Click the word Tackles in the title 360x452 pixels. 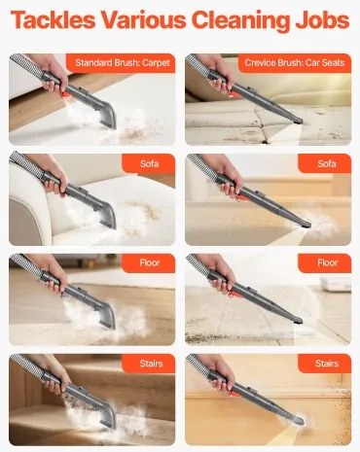pyautogui.click(x=53, y=19)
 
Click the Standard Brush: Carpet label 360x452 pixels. pyautogui.click(x=123, y=62)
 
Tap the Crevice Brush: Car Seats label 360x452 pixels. pyautogui.click(x=295, y=62)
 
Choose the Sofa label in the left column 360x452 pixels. pyautogui.click(x=150, y=163)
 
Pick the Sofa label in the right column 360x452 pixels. pyautogui.click(x=327, y=163)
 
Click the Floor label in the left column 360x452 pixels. pyautogui.click(x=150, y=262)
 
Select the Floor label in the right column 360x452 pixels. pyautogui.click(x=327, y=262)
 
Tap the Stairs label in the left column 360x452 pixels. pyautogui.click(x=151, y=364)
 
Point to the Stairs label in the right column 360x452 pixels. pyautogui.click(x=327, y=364)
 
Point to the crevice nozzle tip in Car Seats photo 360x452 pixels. pyautogui.click(x=298, y=122)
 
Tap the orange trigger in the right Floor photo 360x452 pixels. pyautogui.click(x=234, y=294)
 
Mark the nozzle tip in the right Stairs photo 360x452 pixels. pyautogui.click(x=299, y=421)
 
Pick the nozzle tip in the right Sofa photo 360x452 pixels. pyautogui.click(x=306, y=224)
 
